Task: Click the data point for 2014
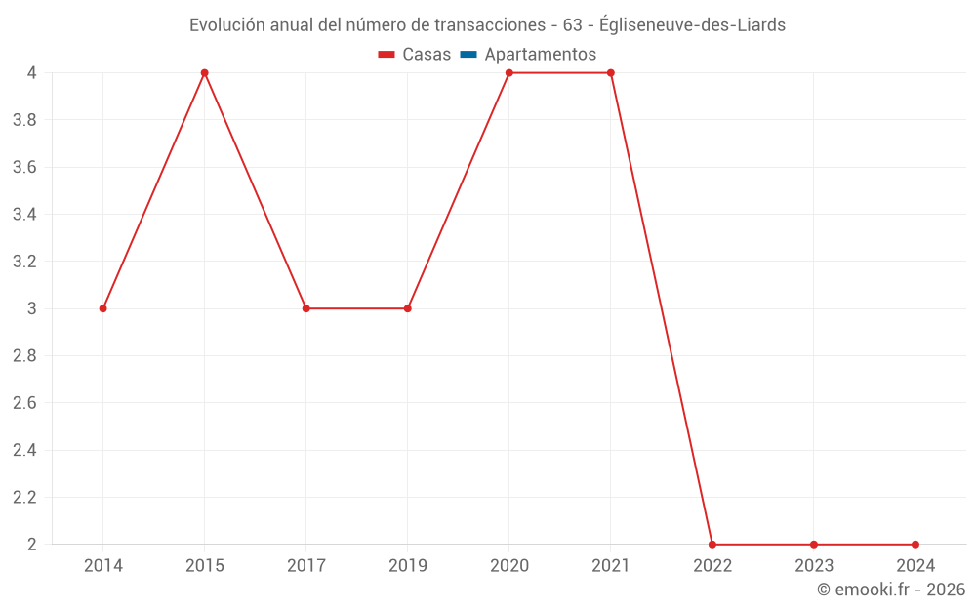point(102,308)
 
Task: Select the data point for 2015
point(204,73)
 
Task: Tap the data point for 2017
point(305,308)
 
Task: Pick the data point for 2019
point(407,308)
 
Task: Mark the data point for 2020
point(508,73)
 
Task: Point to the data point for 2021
point(611,73)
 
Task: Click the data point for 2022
point(712,544)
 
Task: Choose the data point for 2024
point(915,544)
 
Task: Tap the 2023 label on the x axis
point(814,565)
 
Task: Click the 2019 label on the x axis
point(407,565)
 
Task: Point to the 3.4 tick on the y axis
point(24,215)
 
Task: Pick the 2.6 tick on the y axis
point(24,403)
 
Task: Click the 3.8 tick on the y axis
point(24,120)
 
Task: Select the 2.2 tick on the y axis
point(24,497)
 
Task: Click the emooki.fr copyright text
point(891,590)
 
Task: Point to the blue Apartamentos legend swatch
point(468,55)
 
